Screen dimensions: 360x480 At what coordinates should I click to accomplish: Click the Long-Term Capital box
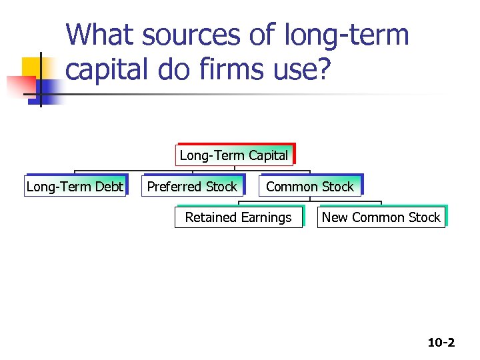pyautogui.click(x=234, y=155)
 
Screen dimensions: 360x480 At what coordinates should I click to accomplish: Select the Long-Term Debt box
pyautogui.click(x=75, y=187)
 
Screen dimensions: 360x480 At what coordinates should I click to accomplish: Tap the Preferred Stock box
pyautogui.click(x=192, y=187)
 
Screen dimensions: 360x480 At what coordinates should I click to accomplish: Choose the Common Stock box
pyautogui.click(x=310, y=187)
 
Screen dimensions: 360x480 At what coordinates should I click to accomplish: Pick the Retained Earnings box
pyautogui.click(x=238, y=217)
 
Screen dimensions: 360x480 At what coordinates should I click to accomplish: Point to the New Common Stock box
pyautogui.click(x=381, y=217)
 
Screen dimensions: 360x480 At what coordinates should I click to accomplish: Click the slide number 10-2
pyautogui.click(x=441, y=343)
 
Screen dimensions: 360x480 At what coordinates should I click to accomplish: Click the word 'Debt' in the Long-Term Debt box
pyautogui.click(x=109, y=187)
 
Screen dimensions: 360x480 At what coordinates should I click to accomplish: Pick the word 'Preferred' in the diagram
pyautogui.click(x=175, y=187)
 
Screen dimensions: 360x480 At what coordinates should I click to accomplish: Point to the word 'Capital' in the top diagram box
pyautogui.click(x=268, y=155)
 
